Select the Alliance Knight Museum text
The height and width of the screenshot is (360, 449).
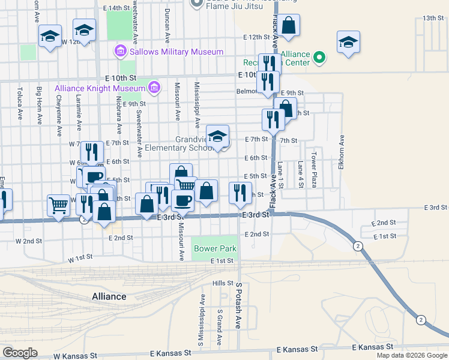point(100,88)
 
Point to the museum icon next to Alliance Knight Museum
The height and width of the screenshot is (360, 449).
point(154,88)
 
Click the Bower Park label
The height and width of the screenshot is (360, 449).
point(215,248)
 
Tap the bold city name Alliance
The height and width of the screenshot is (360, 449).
point(109,296)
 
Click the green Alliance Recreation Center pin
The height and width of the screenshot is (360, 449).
point(320,58)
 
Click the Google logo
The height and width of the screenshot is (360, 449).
point(20,353)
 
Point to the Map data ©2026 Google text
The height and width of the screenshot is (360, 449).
point(411,355)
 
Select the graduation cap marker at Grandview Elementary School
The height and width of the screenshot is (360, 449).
point(218,137)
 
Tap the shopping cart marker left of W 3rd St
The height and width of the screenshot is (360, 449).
point(59,206)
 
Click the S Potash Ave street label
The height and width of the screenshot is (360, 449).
point(238,305)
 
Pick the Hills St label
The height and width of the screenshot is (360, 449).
point(222,283)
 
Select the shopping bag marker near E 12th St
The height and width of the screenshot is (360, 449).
point(289,26)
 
